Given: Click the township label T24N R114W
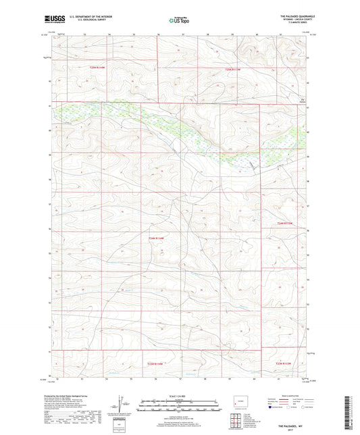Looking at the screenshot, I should point(157,237).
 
